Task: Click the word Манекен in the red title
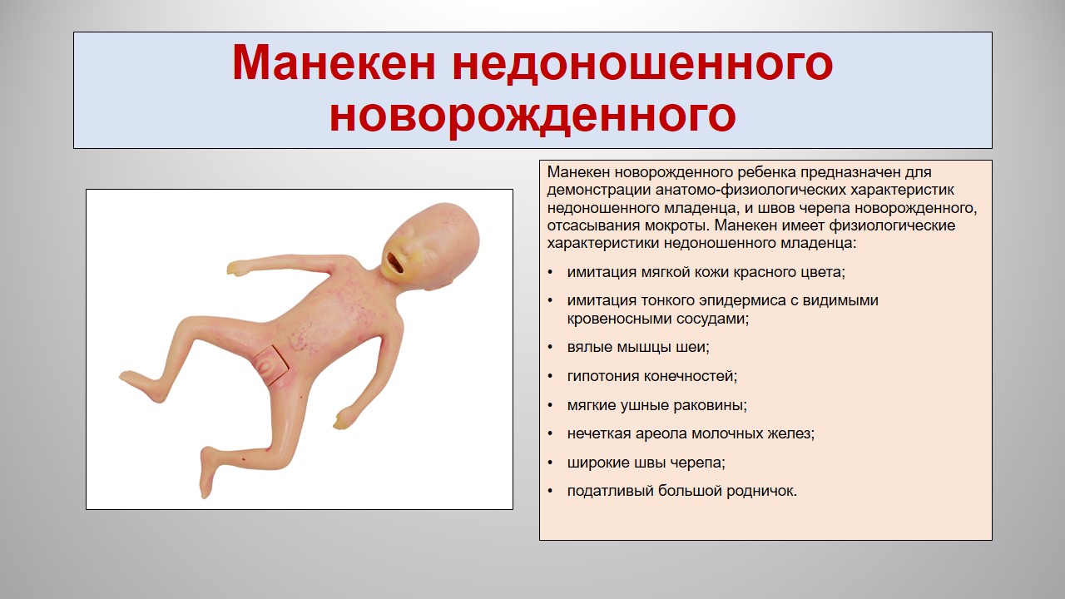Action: pos(334,63)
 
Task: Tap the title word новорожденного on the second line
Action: pos(532,116)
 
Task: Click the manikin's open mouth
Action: pos(395,262)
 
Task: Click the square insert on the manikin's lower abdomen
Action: pos(271,364)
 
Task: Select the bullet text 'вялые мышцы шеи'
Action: pos(637,347)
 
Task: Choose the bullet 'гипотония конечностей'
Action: pos(651,376)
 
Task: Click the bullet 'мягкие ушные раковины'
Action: pos(656,405)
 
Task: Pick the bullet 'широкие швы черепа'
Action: pos(646,463)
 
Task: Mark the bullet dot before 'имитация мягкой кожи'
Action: pos(551,272)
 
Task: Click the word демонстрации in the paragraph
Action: pos(598,191)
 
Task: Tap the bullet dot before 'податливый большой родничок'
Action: pos(551,491)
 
